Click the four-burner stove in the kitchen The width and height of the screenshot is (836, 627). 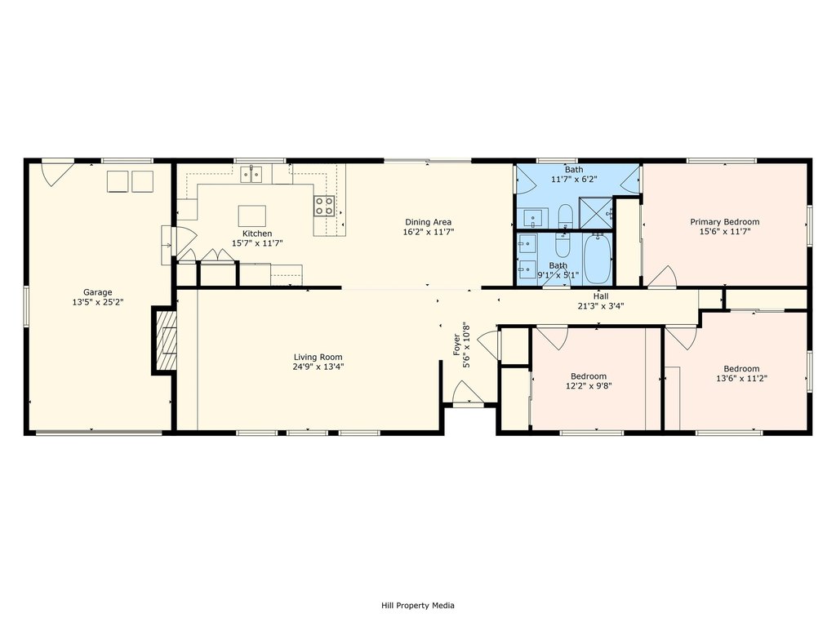coord(323,206)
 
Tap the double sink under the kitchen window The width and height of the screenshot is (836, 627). coord(251,175)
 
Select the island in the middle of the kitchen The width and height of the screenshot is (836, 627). coord(251,216)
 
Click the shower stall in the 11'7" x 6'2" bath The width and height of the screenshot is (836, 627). coord(596,213)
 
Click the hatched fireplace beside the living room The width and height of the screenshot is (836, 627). coord(165,340)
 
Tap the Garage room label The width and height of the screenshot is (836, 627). coord(98,292)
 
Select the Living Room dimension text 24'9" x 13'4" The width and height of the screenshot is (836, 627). coord(318,367)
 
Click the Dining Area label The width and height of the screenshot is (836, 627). coord(428,222)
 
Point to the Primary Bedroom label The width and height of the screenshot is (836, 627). coord(725,222)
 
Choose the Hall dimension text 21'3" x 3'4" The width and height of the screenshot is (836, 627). coord(601,306)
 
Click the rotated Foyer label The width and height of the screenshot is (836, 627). coord(456,345)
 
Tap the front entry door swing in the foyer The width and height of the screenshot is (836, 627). coord(468,393)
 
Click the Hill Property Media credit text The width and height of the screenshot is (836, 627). coord(418,605)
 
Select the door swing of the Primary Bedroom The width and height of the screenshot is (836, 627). coord(661,277)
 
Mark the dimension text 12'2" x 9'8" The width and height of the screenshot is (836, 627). coord(589,385)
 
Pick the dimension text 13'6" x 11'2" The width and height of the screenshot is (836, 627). coord(741,379)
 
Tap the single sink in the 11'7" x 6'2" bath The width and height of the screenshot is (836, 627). coord(532,218)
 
